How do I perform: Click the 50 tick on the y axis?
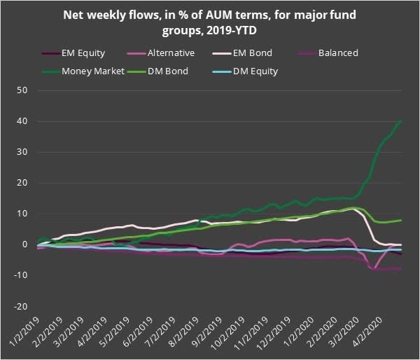click(x=22, y=90)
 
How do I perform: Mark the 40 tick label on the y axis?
click(x=22, y=121)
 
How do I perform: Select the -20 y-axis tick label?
click(x=20, y=306)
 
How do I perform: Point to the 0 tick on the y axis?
click(x=24, y=244)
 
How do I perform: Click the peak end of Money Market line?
click(x=400, y=120)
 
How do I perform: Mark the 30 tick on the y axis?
click(x=22, y=152)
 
